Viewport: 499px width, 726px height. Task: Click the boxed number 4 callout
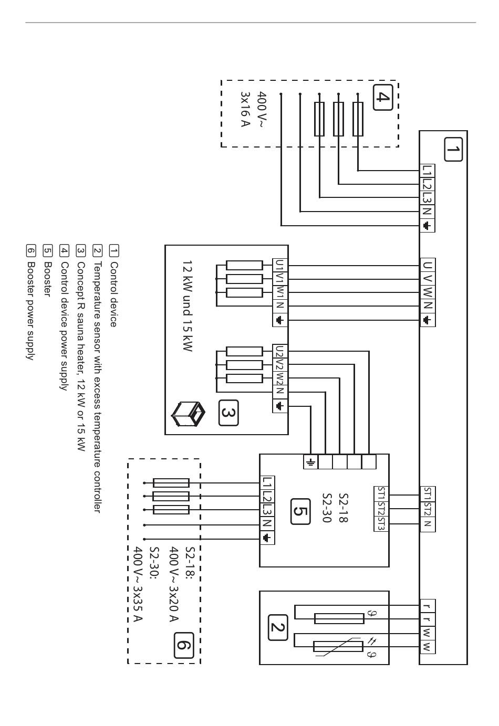coord(383,97)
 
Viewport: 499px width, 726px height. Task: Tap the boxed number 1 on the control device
coord(453,150)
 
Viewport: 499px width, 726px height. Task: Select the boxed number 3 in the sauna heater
coord(228,413)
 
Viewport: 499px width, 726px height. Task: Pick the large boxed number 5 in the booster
coord(300,511)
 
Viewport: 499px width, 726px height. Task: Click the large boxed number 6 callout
coord(184,645)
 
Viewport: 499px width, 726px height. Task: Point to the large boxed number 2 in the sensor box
coord(278,627)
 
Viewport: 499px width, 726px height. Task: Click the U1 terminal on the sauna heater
coord(280,266)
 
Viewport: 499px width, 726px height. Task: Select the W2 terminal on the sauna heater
coord(280,378)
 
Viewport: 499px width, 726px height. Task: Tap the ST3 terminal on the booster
coord(381,523)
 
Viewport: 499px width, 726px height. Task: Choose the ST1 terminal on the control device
coord(428,494)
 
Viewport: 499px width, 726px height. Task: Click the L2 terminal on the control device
coord(428,184)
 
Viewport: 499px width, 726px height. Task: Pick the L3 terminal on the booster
coord(267,510)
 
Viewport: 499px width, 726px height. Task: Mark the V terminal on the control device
coord(428,279)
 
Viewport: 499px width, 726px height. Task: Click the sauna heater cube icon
coord(189,414)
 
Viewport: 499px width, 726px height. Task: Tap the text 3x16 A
coord(245,109)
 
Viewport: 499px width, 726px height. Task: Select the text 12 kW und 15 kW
coord(188,306)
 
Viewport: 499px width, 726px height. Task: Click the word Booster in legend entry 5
coord(48,279)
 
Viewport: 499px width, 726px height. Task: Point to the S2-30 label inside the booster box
coord(327,508)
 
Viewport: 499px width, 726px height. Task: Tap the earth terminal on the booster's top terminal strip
coord(310,462)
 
